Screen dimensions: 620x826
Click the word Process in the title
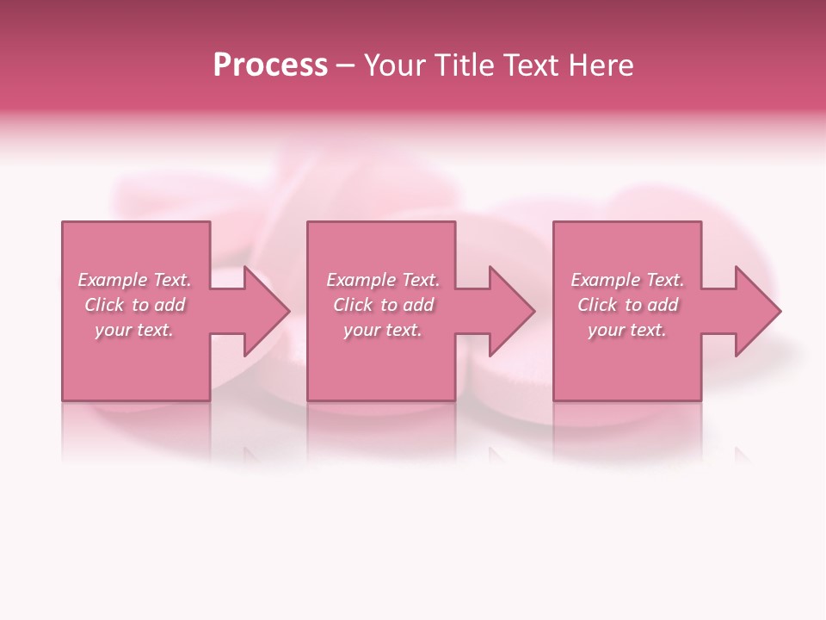point(270,65)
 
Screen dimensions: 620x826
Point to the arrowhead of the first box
point(267,311)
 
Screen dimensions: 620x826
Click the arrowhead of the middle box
point(512,311)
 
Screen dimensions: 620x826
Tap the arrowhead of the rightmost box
point(758,311)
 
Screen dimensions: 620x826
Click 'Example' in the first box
point(113,280)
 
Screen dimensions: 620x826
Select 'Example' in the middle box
point(361,280)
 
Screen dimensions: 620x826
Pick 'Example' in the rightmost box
point(606,280)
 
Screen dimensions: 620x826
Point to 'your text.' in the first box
point(134,330)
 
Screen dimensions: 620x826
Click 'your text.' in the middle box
point(383,330)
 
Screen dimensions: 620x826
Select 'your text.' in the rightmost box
point(627,330)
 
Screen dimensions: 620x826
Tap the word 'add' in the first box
point(170,305)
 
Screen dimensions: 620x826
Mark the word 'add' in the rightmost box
point(663,305)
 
